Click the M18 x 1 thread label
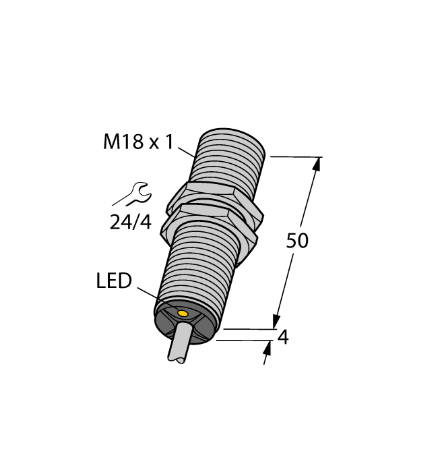pyautogui.click(x=138, y=142)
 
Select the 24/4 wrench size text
pyautogui.click(x=130, y=222)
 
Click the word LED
pyautogui.click(x=114, y=281)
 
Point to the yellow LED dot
pyautogui.click(x=182, y=312)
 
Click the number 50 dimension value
pyautogui.click(x=297, y=241)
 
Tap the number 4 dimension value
pyautogui.click(x=283, y=337)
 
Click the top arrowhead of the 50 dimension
pyautogui.click(x=317, y=164)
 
